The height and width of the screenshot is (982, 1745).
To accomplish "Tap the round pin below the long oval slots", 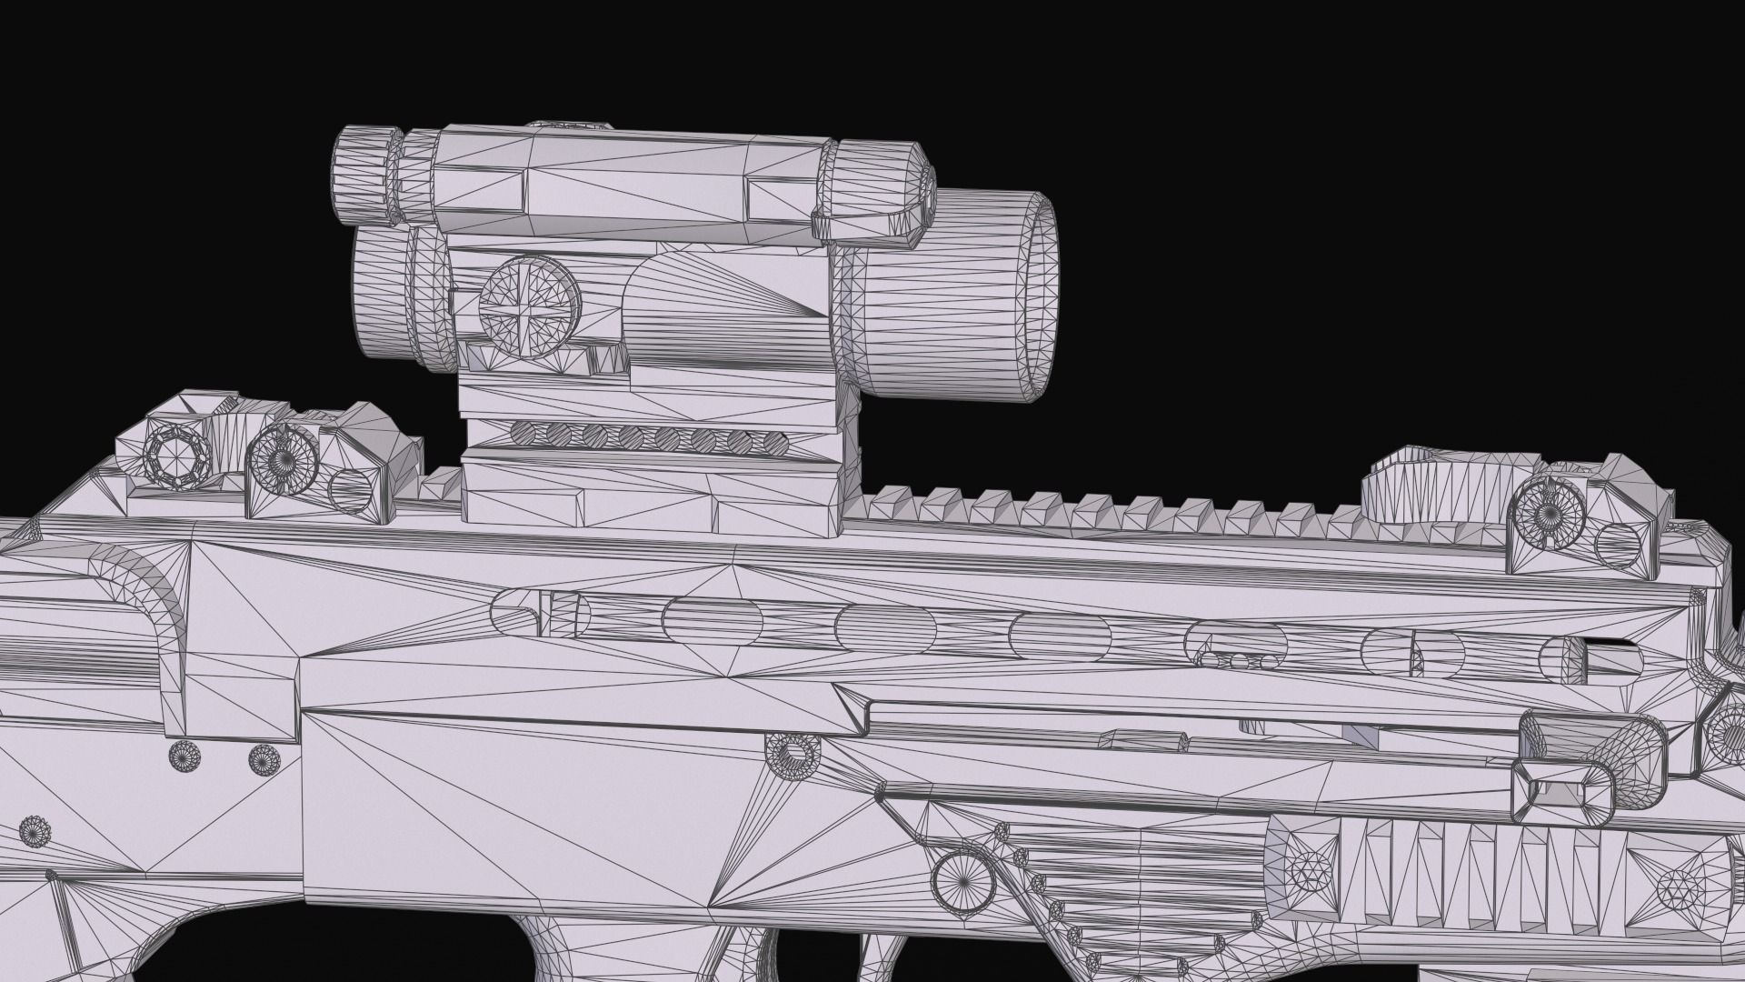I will pos(793,753).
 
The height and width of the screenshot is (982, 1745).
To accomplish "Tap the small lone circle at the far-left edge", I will pos(36,830).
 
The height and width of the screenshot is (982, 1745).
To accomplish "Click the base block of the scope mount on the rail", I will pos(659,500).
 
